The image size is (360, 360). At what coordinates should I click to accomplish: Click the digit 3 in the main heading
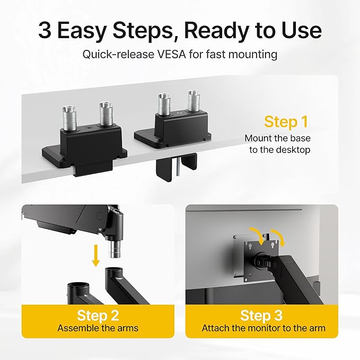pyautogui.click(x=45, y=31)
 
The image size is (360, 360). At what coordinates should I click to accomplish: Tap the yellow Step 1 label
pyautogui.click(x=286, y=121)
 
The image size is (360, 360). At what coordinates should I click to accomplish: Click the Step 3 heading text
pyautogui.click(x=261, y=315)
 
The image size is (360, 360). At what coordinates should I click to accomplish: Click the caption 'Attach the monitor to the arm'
pyautogui.click(x=263, y=328)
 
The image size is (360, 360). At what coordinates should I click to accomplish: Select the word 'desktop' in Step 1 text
pyautogui.click(x=291, y=150)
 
